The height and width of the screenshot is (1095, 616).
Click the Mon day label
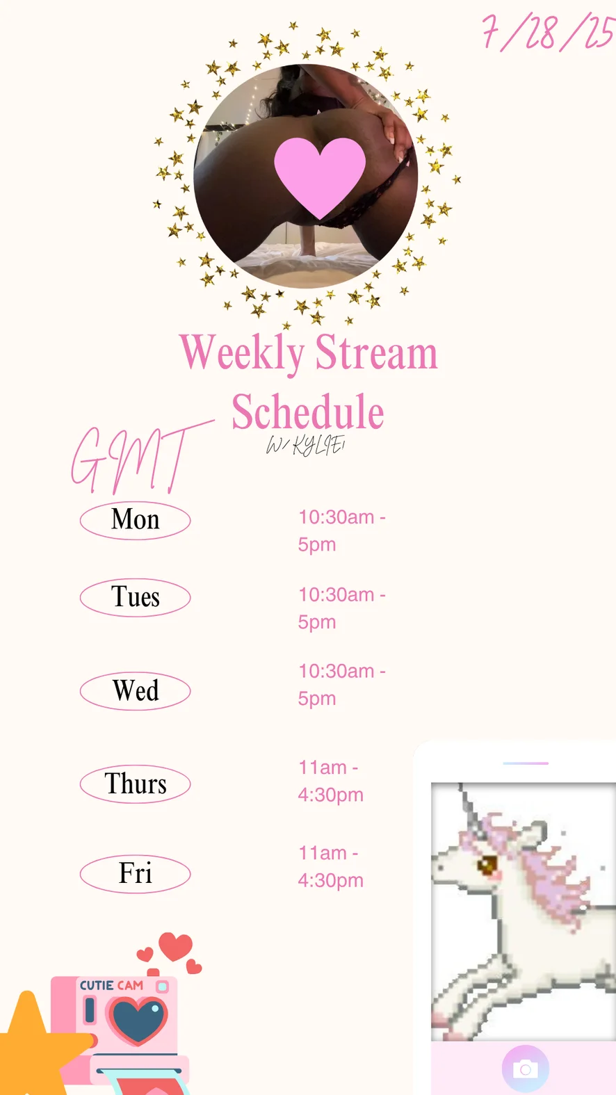coord(136,520)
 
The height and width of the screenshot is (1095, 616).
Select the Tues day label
coord(136,597)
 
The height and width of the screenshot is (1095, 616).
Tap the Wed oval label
coord(136,691)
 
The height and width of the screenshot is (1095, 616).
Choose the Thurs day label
coord(136,784)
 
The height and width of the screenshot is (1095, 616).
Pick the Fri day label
coord(136,873)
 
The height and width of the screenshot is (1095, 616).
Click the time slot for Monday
coord(342,531)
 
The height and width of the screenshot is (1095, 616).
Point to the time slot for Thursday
coord(330,781)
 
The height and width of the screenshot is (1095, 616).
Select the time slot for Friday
coord(330,867)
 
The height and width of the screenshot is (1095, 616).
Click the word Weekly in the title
coord(242,354)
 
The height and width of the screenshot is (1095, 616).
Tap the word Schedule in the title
coord(308,412)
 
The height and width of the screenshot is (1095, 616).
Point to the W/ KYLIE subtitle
coord(305,446)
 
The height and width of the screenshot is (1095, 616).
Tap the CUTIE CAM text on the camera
coord(111,985)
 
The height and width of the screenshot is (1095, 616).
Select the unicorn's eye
coord(487,864)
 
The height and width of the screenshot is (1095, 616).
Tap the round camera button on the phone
coord(526,1069)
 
